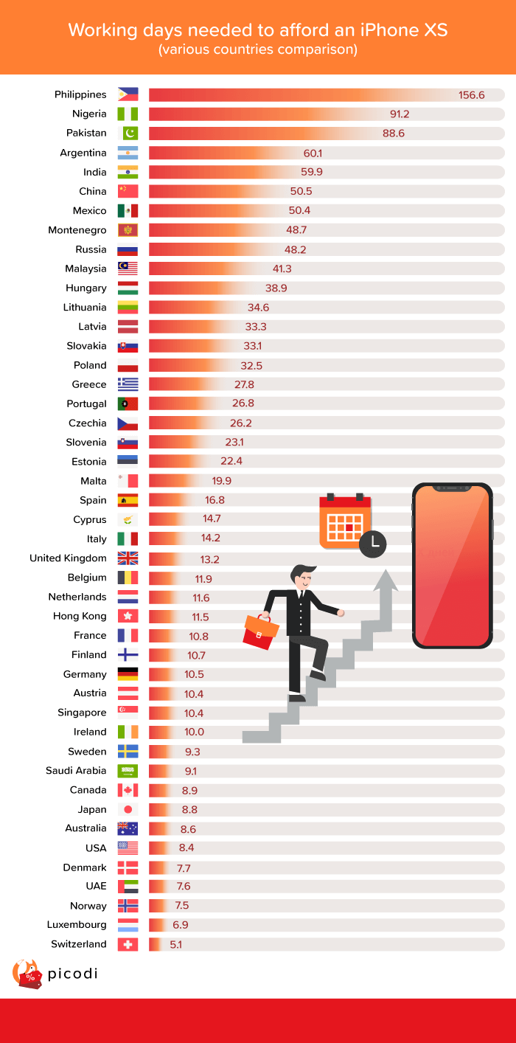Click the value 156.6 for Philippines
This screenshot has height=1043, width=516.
(x=471, y=95)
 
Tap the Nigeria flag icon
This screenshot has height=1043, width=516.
(x=128, y=114)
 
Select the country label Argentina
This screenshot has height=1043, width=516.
(x=83, y=153)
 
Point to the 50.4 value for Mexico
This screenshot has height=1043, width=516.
(x=299, y=211)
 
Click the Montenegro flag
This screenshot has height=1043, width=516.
(x=128, y=230)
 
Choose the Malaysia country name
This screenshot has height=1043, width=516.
(x=86, y=268)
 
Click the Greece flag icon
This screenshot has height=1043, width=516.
(x=128, y=384)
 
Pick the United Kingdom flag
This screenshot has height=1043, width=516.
(x=128, y=558)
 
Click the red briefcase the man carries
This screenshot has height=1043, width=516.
(x=261, y=631)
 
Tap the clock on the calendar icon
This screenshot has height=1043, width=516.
(x=374, y=544)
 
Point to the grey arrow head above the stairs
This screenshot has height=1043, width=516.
(x=385, y=580)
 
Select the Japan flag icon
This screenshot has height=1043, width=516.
(x=128, y=809)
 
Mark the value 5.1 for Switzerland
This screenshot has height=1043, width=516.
(x=175, y=944)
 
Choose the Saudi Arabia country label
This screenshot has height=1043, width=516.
(x=76, y=771)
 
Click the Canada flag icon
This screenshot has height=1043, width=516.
(x=128, y=790)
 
